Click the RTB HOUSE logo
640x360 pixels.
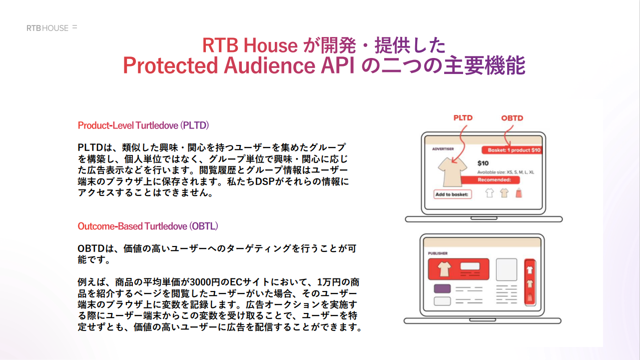coord(52,28)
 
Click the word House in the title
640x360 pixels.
coord(270,45)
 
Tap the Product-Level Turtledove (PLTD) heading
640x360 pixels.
coord(143,125)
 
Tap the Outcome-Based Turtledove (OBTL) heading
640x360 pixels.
coord(148,226)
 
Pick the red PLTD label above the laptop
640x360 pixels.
coord(463,118)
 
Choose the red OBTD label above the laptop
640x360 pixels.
coord(512,118)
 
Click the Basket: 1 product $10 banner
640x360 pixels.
coord(512,150)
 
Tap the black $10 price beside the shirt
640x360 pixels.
coord(483,163)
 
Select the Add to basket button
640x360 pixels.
coord(453,194)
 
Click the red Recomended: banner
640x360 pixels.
coord(490,180)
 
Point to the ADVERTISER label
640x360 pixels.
coord(443,149)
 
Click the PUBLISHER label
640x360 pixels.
coord(438,253)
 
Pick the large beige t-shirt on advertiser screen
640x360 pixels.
coord(452,172)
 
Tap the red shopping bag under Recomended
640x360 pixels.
coord(519,193)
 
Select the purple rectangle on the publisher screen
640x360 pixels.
coord(442,288)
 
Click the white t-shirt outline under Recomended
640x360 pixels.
coord(490,193)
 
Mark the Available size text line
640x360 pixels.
coord(506,172)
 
